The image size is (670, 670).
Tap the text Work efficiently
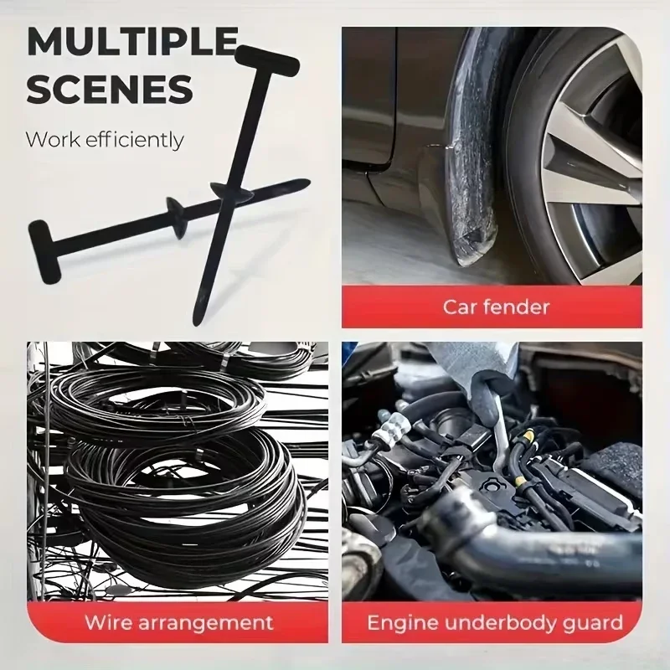coord(104,138)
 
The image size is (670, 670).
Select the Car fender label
coord(496,306)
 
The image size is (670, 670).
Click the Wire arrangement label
coord(178,622)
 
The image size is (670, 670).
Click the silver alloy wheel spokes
coord(590,151)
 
